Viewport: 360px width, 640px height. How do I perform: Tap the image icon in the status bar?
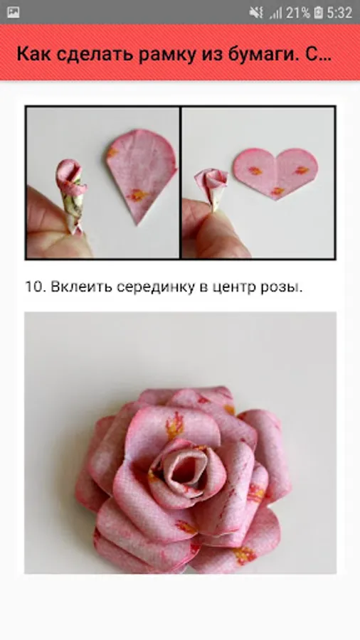[x=13, y=13]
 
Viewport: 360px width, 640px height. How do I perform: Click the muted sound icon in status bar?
[x=256, y=13]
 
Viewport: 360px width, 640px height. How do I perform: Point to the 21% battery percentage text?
[x=297, y=13]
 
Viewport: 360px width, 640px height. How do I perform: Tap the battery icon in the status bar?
[x=318, y=13]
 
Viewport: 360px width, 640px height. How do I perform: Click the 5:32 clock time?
[x=339, y=13]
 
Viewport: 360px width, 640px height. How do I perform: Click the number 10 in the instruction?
[x=34, y=287]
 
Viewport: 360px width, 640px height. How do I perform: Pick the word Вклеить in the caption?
[x=81, y=287]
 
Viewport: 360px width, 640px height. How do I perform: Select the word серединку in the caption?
[x=156, y=287]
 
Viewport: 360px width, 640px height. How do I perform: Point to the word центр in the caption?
[x=235, y=288]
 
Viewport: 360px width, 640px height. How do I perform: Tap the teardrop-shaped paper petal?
[x=141, y=171]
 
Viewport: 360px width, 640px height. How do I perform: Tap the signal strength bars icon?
[x=276, y=13]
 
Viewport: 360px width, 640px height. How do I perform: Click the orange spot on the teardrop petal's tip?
[x=137, y=195]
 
